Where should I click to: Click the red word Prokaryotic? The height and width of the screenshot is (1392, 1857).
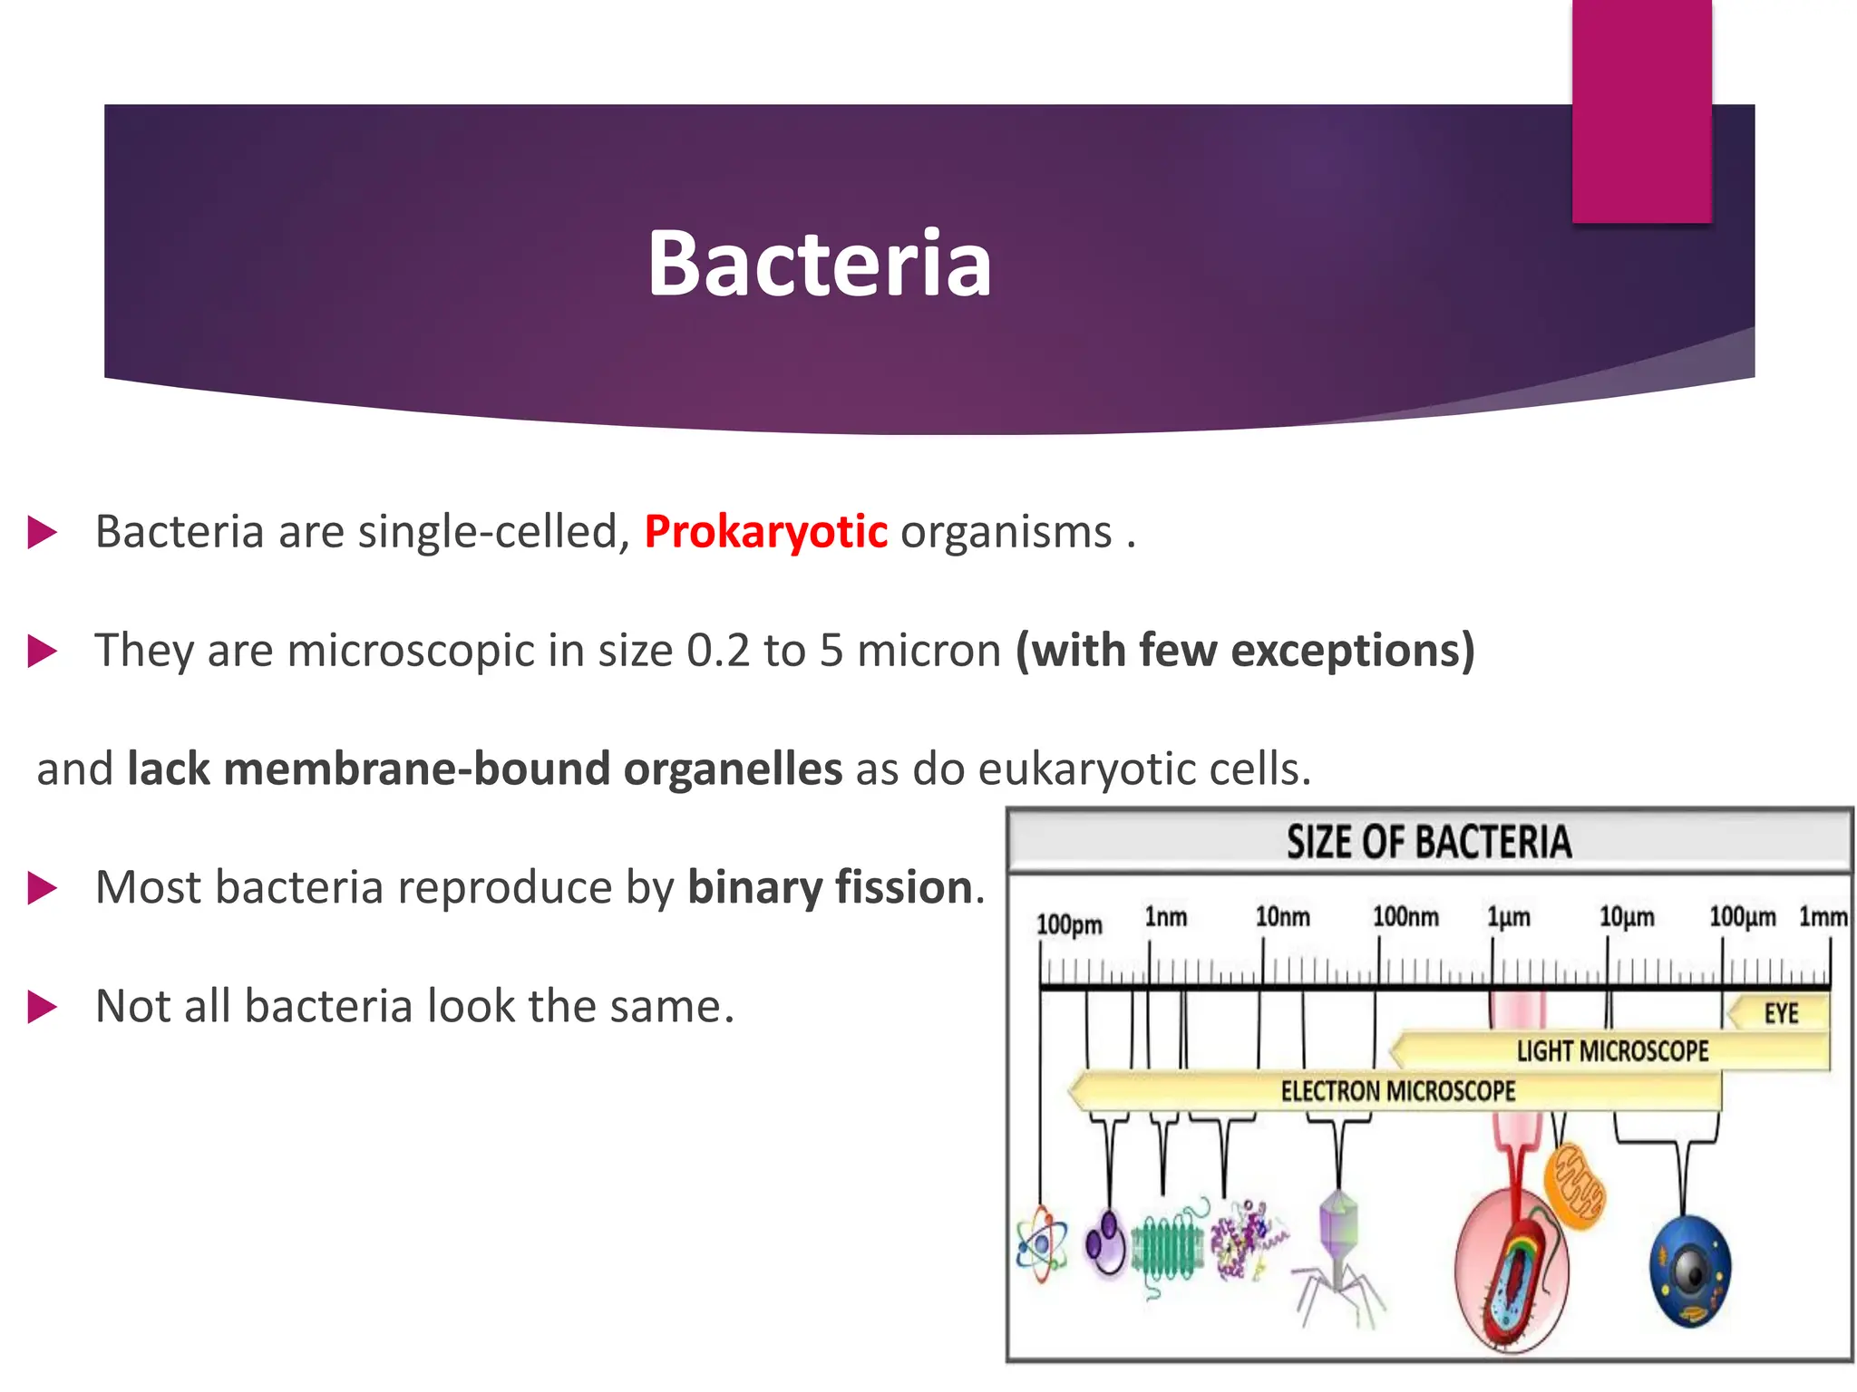pos(765,532)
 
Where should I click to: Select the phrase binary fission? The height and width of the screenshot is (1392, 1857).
pos(830,887)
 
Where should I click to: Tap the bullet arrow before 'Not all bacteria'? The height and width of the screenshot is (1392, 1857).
pos(42,1007)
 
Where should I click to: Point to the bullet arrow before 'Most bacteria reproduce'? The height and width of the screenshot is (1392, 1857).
pos(42,888)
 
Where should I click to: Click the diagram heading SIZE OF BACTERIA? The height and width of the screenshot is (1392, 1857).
pos(1428,842)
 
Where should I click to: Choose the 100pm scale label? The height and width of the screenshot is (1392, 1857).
pos(1069,925)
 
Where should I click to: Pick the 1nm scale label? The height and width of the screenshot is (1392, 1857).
pos(1165,917)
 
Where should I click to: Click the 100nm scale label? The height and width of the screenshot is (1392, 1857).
pos(1405,917)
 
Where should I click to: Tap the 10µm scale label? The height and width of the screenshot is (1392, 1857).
pos(1626,917)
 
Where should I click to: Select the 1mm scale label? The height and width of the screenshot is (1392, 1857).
pos(1823,917)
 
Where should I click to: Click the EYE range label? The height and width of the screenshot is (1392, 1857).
pos(1781,1013)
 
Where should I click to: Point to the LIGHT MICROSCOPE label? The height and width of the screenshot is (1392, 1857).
pos(1612,1051)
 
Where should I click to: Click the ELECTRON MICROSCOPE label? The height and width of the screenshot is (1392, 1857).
pos(1397,1091)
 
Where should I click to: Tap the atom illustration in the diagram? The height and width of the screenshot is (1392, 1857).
pos(1042,1243)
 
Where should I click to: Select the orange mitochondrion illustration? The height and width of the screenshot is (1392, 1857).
pos(1574,1186)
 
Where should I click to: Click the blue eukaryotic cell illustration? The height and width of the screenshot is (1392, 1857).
pos(1689,1271)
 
